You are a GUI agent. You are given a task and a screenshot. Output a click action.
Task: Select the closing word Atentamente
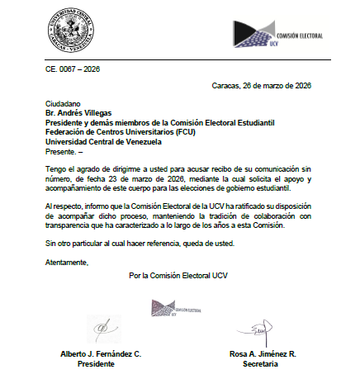tap(66, 263)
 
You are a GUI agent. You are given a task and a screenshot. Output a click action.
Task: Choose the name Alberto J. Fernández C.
tap(102, 353)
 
